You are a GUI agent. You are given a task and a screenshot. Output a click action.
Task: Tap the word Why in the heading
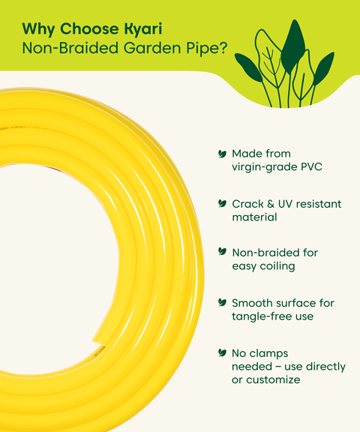click(x=37, y=29)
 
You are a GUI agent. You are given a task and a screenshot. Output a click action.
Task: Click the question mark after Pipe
click(x=225, y=49)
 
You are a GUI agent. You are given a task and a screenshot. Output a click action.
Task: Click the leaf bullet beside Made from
click(x=222, y=153)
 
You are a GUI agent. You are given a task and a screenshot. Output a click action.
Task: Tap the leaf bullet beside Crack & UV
click(x=222, y=203)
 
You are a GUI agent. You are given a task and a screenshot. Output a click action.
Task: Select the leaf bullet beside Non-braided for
click(x=222, y=253)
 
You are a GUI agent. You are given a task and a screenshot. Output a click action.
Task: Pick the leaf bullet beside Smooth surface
click(x=222, y=302)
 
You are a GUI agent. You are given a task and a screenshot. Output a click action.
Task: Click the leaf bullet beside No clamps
click(x=222, y=352)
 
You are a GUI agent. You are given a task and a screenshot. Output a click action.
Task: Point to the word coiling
click(x=277, y=267)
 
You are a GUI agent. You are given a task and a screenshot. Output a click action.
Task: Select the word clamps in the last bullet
click(x=270, y=352)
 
